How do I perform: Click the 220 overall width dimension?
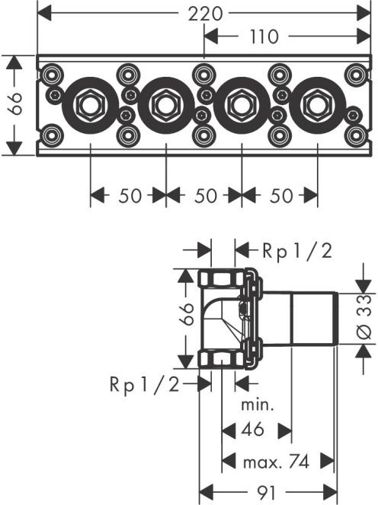pos(205,14)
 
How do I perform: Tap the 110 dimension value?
pos(264,37)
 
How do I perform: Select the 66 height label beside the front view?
pos(15,103)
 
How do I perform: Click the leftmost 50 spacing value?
pos(130,195)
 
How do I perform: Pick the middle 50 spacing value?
pos(205,195)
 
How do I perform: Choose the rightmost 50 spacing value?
pos(281,195)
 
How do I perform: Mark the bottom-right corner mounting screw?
pos(355,135)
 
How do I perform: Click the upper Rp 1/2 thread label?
pos(297,251)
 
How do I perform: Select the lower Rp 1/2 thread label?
pos(144,384)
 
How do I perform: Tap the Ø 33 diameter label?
pos(365,317)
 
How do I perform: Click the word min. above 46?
pos(258,405)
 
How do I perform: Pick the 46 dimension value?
pos(252,430)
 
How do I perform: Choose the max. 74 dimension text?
pos(277,462)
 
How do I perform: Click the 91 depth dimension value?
pos(267,493)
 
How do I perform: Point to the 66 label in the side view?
pos(187,314)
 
